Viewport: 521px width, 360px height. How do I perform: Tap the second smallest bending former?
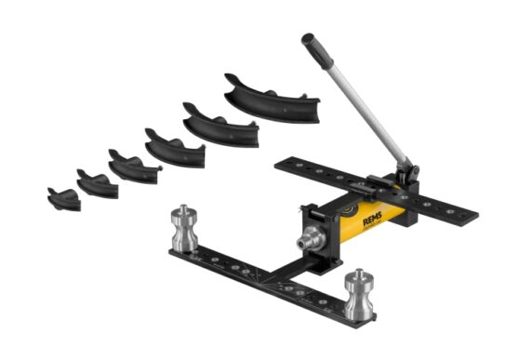coord(97,182)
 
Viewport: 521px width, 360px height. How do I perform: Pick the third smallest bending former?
coord(133,165)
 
